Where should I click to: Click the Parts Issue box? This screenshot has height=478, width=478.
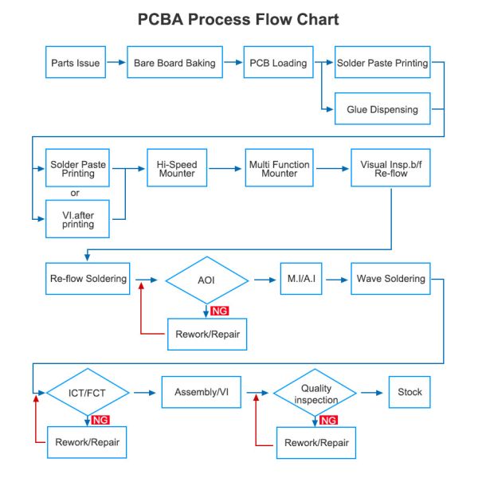[x=76, y=63]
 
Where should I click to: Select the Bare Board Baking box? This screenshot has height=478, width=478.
[x=174, y=63]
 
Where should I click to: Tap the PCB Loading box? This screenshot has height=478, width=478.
[x=278, y=63]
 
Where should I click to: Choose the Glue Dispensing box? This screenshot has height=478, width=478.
[x=382, y=109]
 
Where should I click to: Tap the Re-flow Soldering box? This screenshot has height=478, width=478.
[x=88, y=279]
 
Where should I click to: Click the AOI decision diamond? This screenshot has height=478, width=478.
[x=206, y=280]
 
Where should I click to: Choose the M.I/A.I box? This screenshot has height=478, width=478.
[x=301, y=279]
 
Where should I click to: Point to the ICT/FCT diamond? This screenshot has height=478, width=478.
[x=88, y=392]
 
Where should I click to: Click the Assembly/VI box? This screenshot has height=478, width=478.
[x=201, y=392]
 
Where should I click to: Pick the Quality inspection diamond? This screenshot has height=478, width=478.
[x=315, y=394]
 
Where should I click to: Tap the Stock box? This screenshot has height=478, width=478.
[x=409, y=392]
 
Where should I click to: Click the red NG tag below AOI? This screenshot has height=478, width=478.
[x=219, y=311]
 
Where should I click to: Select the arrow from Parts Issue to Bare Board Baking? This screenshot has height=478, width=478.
[x=116, y=62]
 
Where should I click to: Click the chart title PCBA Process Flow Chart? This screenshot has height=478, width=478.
[x=238, y=19]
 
